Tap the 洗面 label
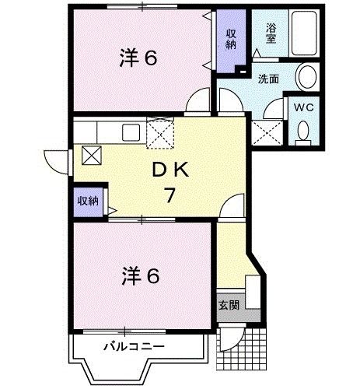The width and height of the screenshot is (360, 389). point(269,78)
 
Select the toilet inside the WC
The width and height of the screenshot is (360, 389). point(302,132)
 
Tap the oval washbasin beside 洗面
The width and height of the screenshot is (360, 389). point(307,77)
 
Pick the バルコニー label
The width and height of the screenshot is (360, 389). point(130,345)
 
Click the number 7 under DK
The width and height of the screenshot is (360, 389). point(168,196)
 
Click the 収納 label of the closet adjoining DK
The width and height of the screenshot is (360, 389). point(88,201)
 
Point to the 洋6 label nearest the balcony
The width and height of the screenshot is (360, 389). point(140,275)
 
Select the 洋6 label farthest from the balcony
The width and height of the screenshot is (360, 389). point(140,58)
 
